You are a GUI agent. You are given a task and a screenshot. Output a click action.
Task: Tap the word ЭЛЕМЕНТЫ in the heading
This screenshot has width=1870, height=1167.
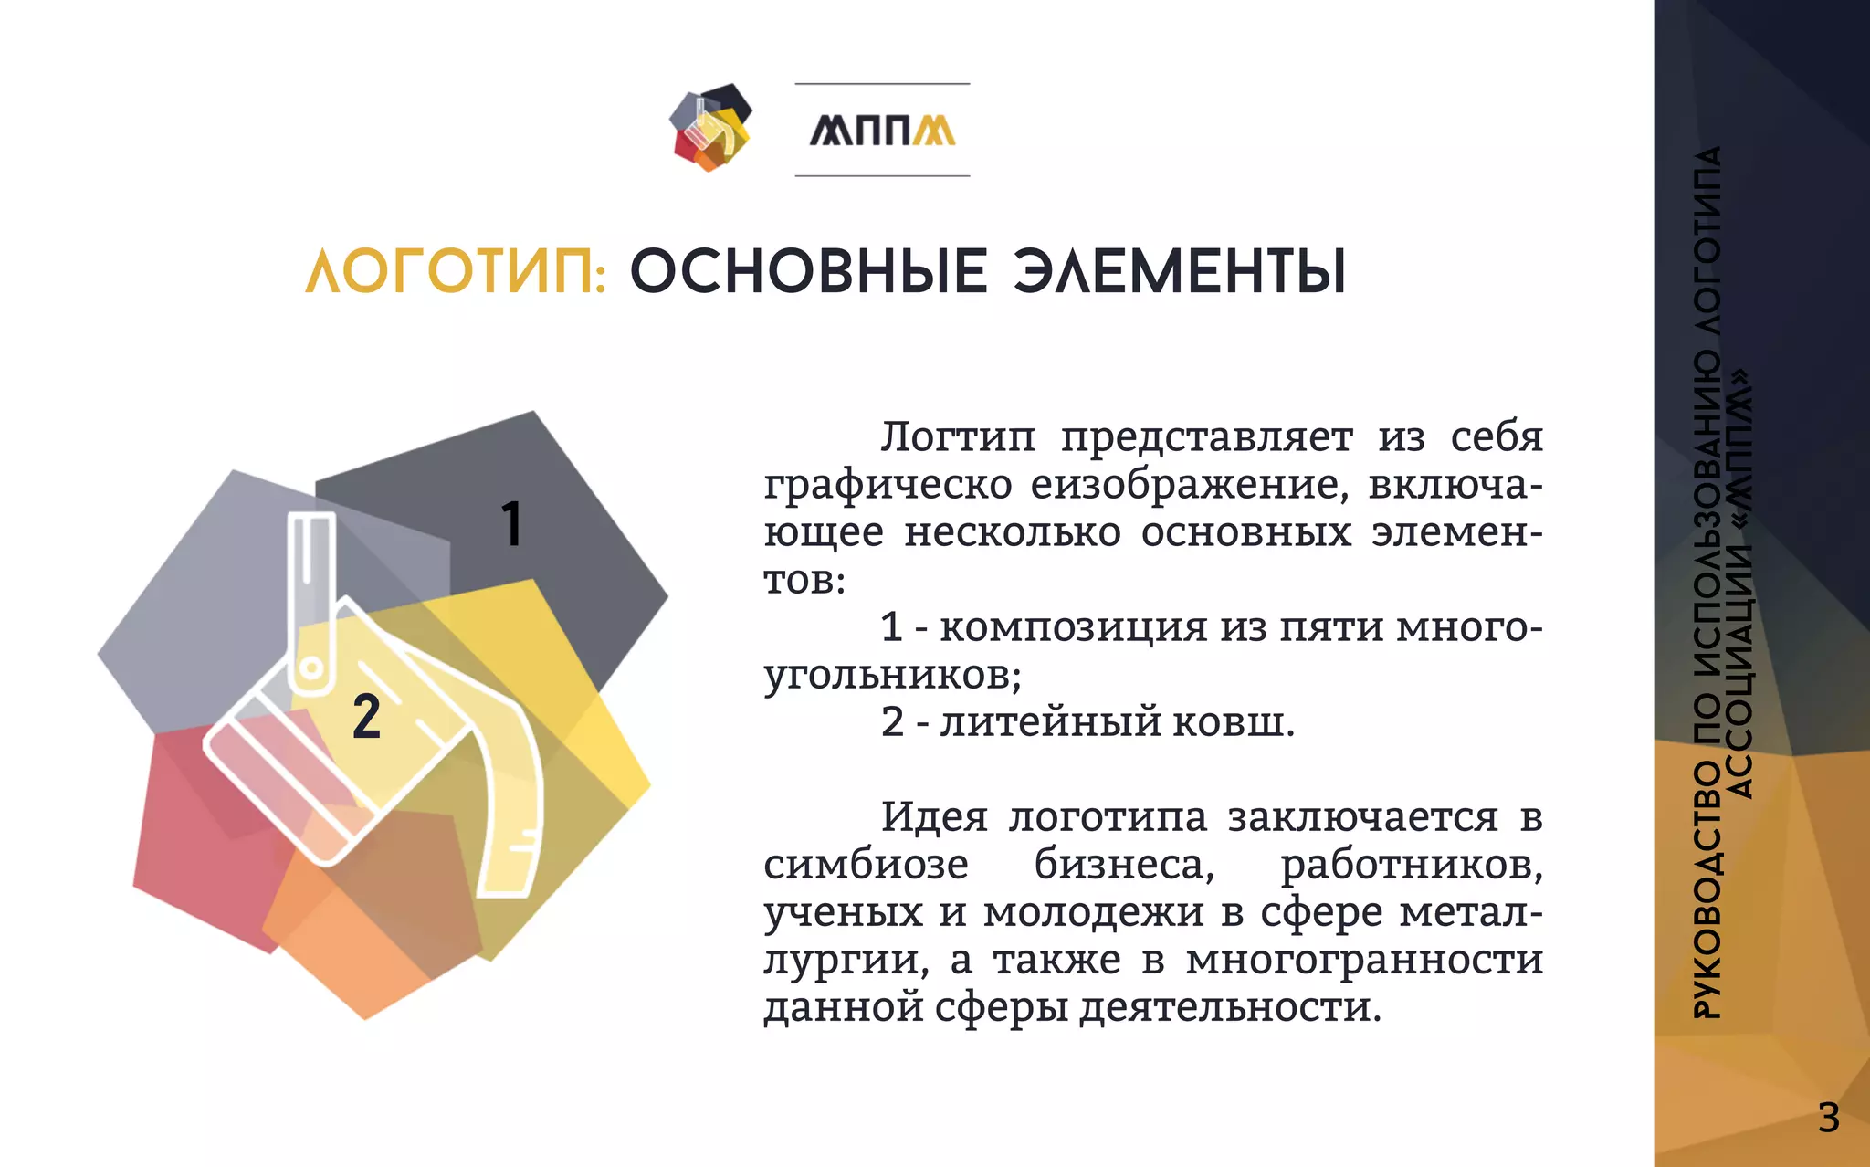click(1180, 272)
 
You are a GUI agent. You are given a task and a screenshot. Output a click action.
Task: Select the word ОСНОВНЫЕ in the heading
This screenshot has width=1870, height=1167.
click(809, 272)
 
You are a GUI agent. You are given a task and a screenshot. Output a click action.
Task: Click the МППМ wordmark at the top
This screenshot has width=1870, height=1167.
click(882, 131)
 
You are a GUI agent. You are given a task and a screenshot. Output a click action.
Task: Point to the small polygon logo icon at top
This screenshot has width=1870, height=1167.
click(710, 128)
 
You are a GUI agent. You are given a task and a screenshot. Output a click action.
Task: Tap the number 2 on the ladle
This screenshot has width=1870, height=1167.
click(366, 717)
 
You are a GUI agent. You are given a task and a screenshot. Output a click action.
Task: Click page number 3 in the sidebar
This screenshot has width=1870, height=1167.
click(1828, 1118)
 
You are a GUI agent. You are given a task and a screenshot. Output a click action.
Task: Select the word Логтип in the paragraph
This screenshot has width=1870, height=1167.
click(958, 437)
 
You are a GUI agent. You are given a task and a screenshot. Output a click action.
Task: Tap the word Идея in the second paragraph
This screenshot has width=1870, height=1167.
click(933, 817)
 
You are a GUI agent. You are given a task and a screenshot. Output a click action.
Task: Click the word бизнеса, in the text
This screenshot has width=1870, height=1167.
click(1124, 865)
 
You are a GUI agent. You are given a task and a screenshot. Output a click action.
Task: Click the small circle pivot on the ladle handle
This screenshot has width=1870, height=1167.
click(311, 668)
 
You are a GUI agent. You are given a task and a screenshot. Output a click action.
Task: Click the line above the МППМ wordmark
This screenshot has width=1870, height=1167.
click(882, 84)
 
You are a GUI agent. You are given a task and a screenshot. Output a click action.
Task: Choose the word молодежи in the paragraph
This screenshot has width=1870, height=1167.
click(1093, 912)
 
